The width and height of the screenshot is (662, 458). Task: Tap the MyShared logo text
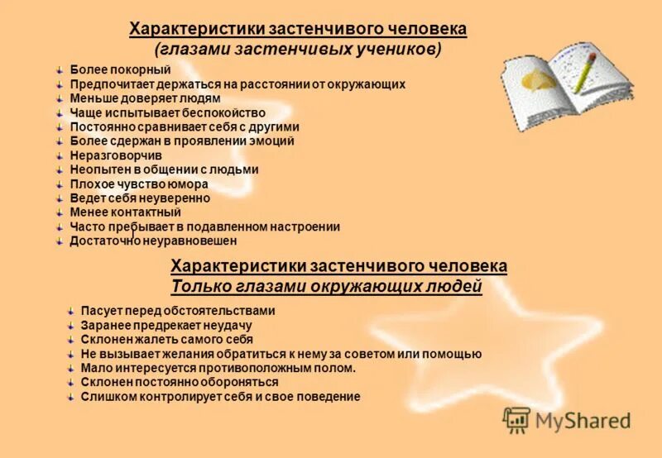pyautogui.click(x=583, y=421)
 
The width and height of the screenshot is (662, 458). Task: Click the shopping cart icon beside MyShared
pyautogui.click(x=516, y=420)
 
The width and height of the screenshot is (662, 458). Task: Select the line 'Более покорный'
pyautogui.click(x=120, y=69)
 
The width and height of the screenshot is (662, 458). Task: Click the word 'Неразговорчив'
pyautogui.click(x=116, y=155)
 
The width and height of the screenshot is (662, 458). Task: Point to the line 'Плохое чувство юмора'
pyautogui.click(x=139, y=184)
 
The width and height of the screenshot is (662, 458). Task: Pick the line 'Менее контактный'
pyautogui.click(x=126, y=212)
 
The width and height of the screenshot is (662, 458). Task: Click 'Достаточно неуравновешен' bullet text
pyautogui.click(x=153, y=241)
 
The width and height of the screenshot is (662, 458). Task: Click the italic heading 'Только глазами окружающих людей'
pyautogui.click(x=326, y=287)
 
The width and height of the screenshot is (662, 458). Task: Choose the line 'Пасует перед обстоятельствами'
pyautogui.click(x=178, y=311)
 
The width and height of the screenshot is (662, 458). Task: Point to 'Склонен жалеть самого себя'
pyautogui.click(x=167, y=340)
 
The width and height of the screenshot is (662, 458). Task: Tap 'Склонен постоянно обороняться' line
pyautogui.click(x=180, y=383)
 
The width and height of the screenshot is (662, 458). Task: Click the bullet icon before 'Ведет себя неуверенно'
pyautogui.click(x=60, y=198)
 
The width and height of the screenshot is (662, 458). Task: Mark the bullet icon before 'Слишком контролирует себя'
pyautogui.click(x=70, y=397)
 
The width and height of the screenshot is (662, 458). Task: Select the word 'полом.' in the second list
pyautogui.click(x=336, y=369)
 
